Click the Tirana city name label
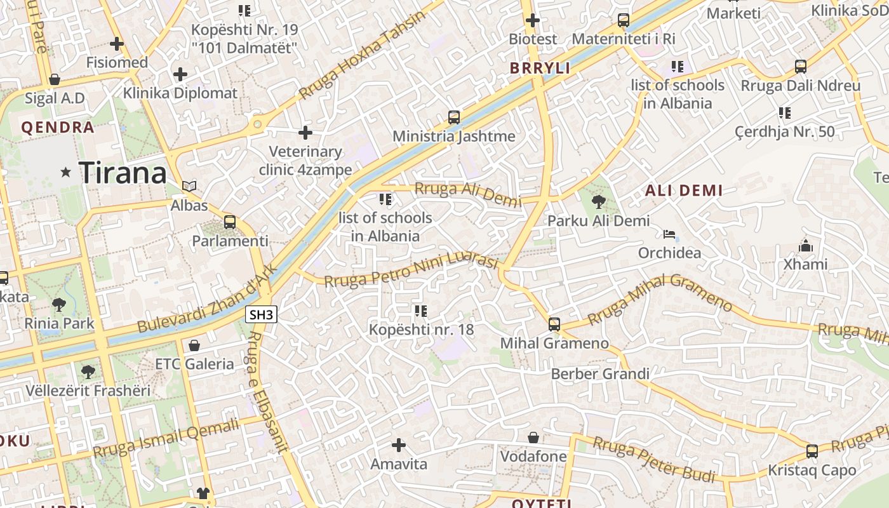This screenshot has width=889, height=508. (x=123, y=172)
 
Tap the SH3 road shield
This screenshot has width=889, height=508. (x=262, y=314)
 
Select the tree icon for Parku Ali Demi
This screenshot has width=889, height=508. (x=598, y=202)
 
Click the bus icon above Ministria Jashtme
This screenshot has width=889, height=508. (x=453, y=117)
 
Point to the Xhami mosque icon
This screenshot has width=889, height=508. (x=806, y=246)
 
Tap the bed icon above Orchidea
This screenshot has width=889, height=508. (x=669, y=234)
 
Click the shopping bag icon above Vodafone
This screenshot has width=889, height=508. (x=533, y=438)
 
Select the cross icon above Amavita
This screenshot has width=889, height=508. (x=399, y=445)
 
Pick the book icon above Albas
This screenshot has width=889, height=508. (x=189, y=187)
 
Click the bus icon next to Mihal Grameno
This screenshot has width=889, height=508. (x=554, y=324)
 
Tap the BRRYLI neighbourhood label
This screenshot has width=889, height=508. (x=540, y=69)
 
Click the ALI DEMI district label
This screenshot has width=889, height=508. (x=684, y=190)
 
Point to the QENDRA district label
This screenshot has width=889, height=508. (x=58, y=128)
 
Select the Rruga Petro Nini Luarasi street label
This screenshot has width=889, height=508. (x=410, y=269)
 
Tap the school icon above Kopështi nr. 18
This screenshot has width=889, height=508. (x=420, y=311)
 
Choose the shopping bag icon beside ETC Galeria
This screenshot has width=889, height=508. (x=194, y=345)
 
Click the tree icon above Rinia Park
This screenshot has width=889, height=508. (x=59, y=304)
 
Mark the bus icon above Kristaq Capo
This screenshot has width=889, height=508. (x=812, y=451)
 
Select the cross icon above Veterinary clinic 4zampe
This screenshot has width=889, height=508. (x=305, y=133)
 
